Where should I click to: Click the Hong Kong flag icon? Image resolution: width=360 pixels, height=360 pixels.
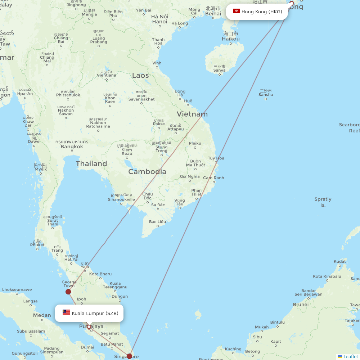tap(236, 12)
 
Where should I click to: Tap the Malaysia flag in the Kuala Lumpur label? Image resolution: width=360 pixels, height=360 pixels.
tap(66, 312)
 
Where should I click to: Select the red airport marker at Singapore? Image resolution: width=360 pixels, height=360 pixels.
tap(129, 356)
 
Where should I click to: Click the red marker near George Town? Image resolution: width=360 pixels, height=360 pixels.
tap(68, 292)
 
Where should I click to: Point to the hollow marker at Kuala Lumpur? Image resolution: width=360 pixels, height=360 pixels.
tap(89, 327)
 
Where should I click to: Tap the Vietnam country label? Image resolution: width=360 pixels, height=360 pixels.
tap(192, 114)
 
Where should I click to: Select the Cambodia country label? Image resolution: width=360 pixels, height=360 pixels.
tap(147, 172)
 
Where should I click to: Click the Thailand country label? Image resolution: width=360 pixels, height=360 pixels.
tap(91, 164)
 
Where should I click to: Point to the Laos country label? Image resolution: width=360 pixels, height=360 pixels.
tap(140, 75)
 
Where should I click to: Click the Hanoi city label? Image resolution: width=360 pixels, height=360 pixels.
tap(159, 21)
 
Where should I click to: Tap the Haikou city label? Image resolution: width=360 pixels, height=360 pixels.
tap(231, 39)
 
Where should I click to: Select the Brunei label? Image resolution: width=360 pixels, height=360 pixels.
tap(301, 304)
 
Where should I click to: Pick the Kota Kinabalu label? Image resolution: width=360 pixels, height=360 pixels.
tap(327, 276)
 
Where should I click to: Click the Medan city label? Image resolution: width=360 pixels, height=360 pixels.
tap(42, 315)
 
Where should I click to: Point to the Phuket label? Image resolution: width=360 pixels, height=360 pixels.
tap(37, 245)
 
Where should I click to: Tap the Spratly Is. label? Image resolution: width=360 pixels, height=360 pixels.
tap(323, 202)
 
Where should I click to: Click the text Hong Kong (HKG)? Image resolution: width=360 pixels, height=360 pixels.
tap(262, 12)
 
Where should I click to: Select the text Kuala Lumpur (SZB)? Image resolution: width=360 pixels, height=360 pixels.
tap(95, 313)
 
